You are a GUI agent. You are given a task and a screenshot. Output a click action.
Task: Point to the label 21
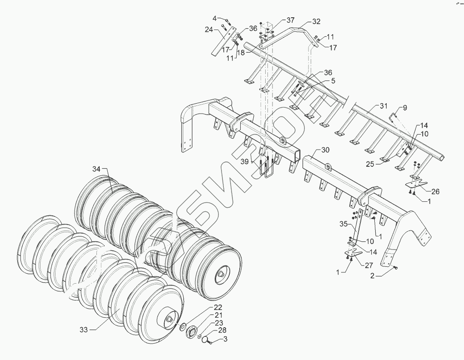218,315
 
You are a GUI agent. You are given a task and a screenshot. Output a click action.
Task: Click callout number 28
222,330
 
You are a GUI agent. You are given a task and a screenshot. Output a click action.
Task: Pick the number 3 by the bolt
224,339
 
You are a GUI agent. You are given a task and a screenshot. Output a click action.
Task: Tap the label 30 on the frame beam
325,150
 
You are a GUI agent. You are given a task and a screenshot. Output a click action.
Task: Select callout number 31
383,106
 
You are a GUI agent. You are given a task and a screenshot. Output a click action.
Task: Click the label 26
435,191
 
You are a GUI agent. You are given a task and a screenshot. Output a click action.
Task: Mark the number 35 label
344,224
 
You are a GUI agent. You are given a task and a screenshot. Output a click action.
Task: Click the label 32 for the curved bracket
316,21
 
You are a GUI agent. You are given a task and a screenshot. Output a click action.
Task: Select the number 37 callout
290,20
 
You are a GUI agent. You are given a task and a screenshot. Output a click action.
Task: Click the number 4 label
214,18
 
